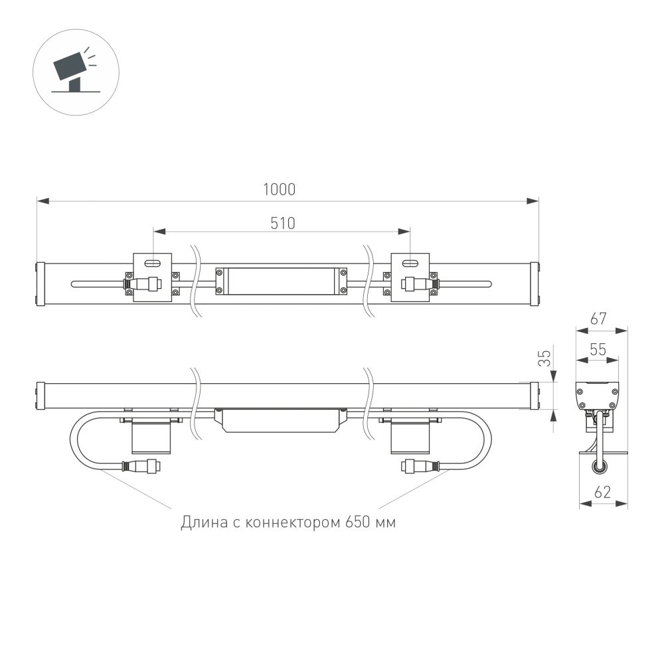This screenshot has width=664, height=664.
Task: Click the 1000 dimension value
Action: pyautogui.click(x=279, y=189)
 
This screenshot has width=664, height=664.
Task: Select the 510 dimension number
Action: pyautogui.click(x=282, y=223)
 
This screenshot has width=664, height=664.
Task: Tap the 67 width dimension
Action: pyautogui.click(x=599, y=319)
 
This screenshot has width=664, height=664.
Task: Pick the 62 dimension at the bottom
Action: pyautogui.click(x=602, y=493)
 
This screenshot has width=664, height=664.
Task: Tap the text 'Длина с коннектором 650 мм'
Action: pyautogui.click(x=288, y=523)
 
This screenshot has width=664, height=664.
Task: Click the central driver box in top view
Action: pyautogui.click(x=281, y=281)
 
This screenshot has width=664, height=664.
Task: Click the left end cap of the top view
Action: pyautogui.click(x=41, y=284)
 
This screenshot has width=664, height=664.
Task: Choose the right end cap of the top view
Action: pyautogui.click(x=535, y=284)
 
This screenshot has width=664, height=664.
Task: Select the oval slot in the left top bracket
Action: pyautogui.click(x=153, y=263)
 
